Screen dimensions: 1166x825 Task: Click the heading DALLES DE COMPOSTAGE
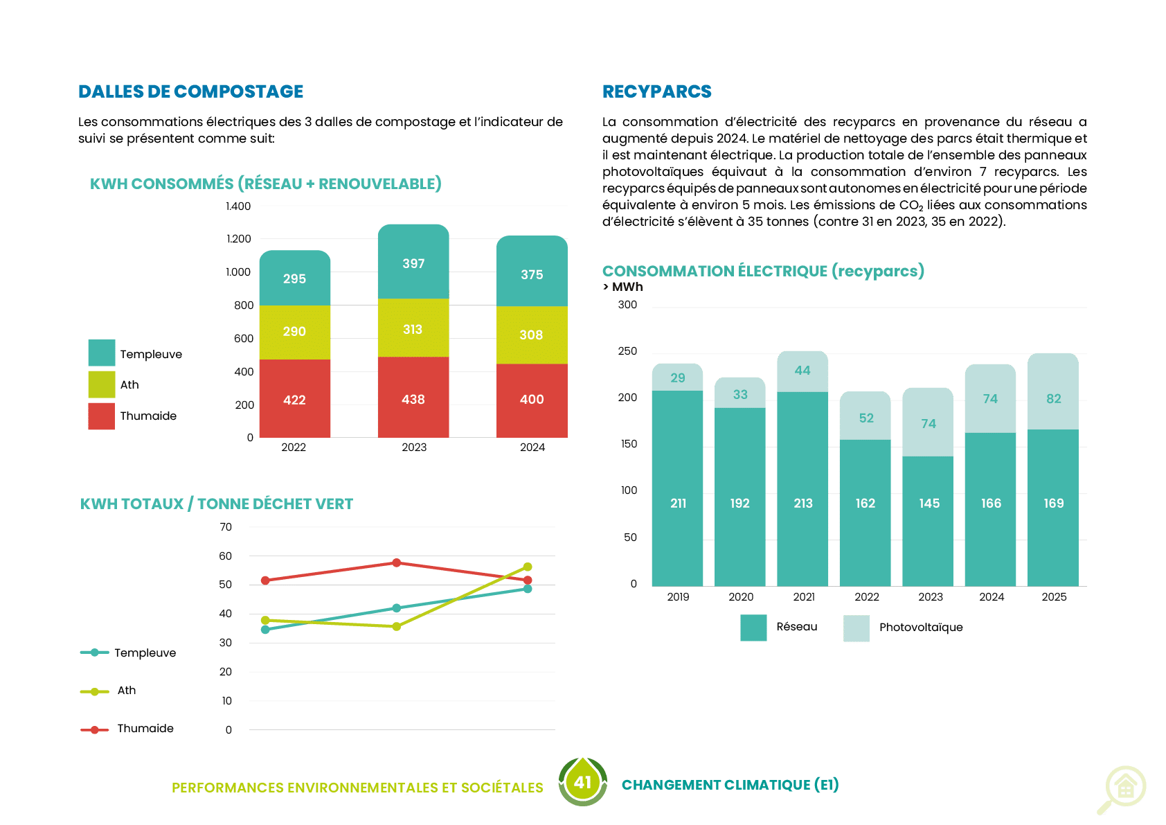190,91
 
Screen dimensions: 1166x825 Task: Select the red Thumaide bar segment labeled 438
413,398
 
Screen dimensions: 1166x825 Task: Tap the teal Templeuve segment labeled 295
295,278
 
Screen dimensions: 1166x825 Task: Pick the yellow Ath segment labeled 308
532,335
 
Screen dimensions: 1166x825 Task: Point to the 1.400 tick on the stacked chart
238,206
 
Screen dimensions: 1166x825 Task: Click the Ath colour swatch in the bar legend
102,384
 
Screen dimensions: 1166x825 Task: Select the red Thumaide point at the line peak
397,563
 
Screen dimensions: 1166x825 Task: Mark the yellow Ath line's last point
528,567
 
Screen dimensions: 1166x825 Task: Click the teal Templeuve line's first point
265,630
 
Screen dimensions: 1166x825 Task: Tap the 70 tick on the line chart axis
226,527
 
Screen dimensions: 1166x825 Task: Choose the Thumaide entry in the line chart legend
127,729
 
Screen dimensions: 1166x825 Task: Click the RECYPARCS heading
656,91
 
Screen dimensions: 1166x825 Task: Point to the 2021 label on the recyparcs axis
803,597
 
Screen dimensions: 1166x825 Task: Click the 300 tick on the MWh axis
627,305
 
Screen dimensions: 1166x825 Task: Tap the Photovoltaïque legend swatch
856,628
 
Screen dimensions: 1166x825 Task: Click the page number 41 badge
582,782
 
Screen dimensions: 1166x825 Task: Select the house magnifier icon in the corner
1122,790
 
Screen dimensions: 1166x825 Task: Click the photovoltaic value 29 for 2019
677,378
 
